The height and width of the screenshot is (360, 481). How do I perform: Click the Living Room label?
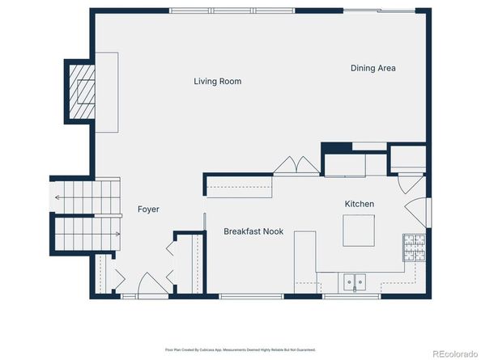[x=217, y=82]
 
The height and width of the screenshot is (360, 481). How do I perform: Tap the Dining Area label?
[x=372, y=69]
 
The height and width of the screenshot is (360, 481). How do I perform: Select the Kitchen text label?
[x=360, y=204]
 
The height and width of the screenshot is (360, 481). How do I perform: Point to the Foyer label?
[x=148, y=210]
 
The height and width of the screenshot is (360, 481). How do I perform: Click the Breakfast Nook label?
[x=253, y=231]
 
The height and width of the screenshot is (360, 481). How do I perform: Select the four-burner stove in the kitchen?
[x=413, y=248]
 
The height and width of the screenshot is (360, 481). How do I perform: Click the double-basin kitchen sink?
[x=353, y=282]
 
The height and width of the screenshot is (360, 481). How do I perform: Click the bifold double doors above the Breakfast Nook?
[x=296, y=165]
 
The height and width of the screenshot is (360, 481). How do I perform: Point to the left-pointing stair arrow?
[x=58, y=197]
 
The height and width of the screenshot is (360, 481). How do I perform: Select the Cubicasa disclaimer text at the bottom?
[x=240, y=350]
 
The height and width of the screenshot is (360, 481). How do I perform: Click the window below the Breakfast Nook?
[x=240, y=296]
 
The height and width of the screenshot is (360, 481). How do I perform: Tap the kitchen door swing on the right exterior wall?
[x=414, y=212]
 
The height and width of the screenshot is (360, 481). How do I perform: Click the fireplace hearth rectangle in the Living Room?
[x=107, y=92]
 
